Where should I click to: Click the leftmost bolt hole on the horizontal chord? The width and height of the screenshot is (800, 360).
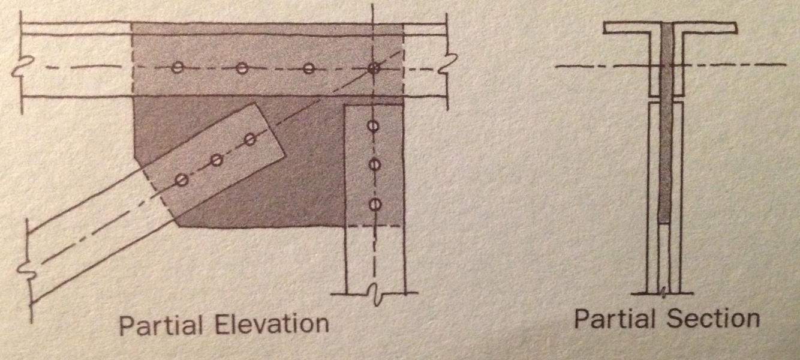click(x=177, y=68)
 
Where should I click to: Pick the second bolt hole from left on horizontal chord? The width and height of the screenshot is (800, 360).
click(x=242, y=68)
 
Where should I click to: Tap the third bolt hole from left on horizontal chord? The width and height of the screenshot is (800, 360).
click(x=308, y=68)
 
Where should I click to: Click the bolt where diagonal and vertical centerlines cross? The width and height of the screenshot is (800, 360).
click(x=374, y=68)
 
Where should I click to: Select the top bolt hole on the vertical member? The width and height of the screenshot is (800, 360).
click(x=373, y=127)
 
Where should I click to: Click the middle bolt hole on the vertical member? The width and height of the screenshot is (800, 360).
click(x=374, y=164)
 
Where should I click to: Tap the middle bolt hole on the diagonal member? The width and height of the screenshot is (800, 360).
click(x=217, y=160)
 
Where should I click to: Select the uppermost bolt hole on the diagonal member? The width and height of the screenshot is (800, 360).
click(x=251, y=140)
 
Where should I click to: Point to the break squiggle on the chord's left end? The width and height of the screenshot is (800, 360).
click(x=21, y=66)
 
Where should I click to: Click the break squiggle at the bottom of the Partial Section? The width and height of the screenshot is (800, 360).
click(x=664, y=293)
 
